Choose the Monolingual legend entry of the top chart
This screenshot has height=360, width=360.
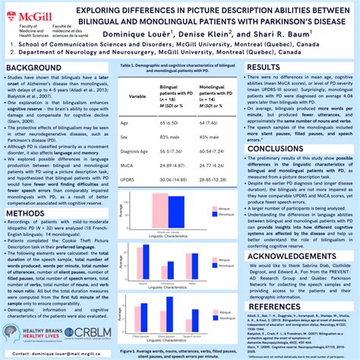pyautogui.click(x=223, y=204)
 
